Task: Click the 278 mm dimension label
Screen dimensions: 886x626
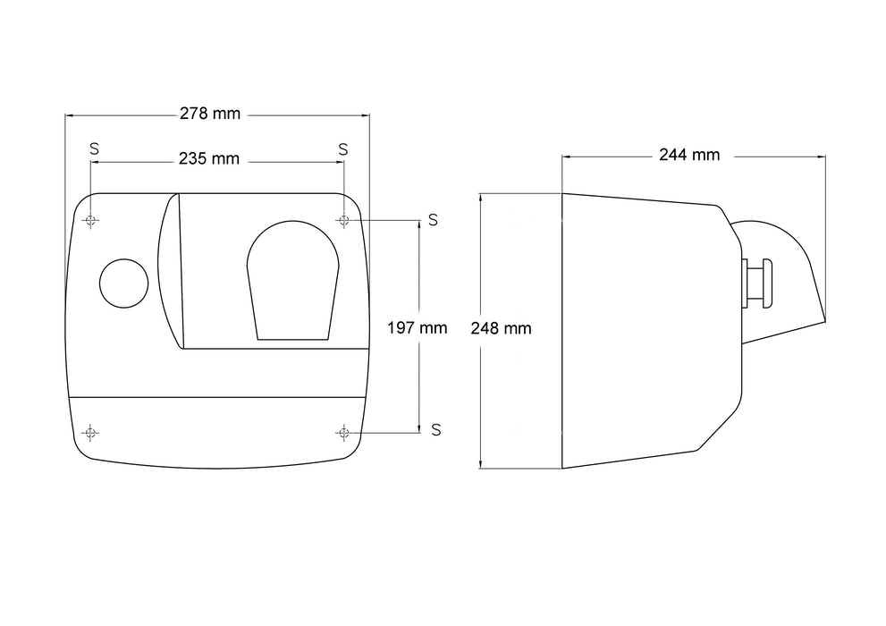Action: click(210, 114)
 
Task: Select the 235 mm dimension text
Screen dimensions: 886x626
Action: click(209, 159)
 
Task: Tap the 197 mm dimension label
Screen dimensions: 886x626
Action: click(417, 327)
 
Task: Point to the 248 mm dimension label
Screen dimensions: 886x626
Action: click(502, 328)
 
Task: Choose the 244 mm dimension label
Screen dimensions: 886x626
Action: click(689, 155)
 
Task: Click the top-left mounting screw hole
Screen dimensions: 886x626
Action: click(90, 220)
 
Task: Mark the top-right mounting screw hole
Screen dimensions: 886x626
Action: click(343, 220)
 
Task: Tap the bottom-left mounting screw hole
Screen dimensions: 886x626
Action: click(90, 433)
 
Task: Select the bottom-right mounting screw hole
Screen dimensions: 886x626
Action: click(343, 433)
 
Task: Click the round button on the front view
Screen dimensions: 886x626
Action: click(123, 283)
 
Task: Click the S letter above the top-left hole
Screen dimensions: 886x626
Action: click(95, 148)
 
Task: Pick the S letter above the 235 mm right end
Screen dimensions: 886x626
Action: click(343, 149)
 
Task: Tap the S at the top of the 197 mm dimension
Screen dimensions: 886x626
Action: click(433, 220)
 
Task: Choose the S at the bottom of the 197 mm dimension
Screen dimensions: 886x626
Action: click(435, 430)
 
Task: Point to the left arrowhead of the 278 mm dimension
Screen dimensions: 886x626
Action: click(69, 116)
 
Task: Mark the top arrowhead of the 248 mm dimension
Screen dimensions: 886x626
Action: click(480, 197)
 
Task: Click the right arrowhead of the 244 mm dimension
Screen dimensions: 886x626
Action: click(822, 156)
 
